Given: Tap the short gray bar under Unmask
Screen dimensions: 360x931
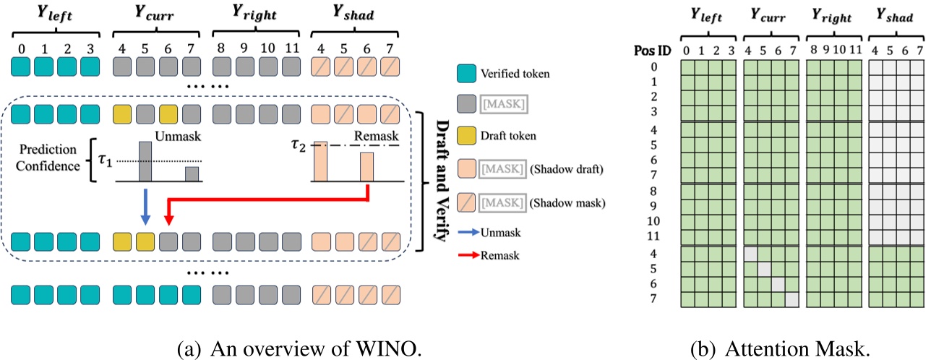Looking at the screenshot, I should pos(191,175).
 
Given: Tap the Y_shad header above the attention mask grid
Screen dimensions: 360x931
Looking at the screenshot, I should pos(893,14).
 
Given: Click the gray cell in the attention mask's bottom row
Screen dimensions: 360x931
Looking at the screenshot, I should pos(791,299).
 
